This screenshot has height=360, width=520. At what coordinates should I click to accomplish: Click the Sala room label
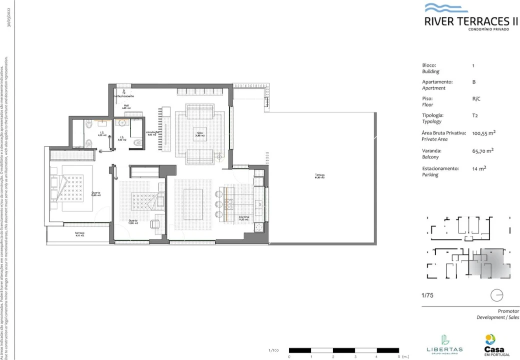(199, 133)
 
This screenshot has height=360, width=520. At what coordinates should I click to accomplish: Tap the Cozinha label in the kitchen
(243, 217)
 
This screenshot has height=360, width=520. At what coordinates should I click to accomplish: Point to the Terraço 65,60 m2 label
(319, 176)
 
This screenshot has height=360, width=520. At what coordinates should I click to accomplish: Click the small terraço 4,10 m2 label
(80, 234)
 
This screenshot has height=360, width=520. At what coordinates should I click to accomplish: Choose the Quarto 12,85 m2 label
(133, 221)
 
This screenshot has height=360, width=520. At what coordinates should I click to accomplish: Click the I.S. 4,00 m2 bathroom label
(102, 134)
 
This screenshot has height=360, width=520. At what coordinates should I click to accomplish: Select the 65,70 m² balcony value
(483, 150)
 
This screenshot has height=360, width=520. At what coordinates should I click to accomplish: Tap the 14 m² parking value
(479, 168)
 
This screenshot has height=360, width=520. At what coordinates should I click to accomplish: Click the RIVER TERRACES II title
(471, 21)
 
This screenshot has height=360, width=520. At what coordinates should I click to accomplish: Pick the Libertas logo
(444, 344)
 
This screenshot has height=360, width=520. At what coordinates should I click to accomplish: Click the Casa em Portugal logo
(494, 345)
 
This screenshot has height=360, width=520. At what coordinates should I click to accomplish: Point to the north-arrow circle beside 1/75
(497, 295)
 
